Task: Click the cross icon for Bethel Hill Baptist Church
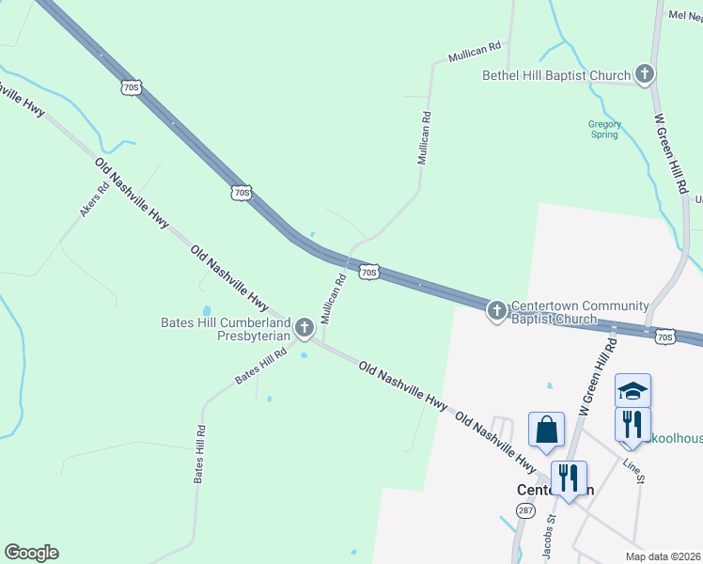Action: click(644, 73)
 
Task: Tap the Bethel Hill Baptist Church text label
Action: click(556, 75)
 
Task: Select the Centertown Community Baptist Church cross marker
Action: click(497, 310)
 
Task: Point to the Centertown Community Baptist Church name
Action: click(579, 312)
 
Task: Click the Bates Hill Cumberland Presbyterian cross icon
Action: click(304, 327)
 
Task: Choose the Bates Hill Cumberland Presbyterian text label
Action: click(226, 328)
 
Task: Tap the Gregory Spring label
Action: click(604, 129)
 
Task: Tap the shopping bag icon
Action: click(546, 431)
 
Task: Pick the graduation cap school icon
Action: click(633, 390)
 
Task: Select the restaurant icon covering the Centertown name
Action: click(569, 478)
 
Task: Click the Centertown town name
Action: click(555, 490)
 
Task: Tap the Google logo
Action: click(31, 553)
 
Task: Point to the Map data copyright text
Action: click(662, 556)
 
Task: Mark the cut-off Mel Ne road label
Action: click(684, 15)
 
